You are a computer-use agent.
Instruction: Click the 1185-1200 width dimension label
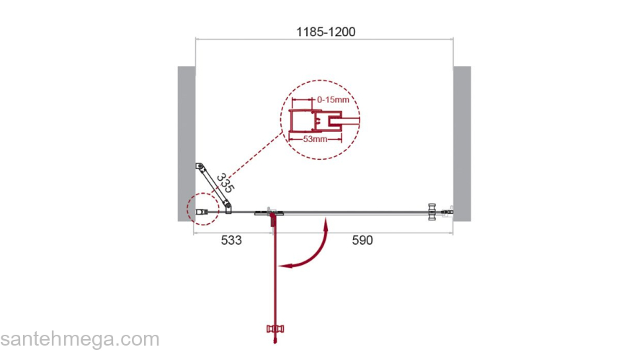[x=326, y=32]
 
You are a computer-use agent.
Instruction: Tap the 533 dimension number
[x=231, y=240]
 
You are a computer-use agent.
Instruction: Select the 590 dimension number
[x=362, y=240]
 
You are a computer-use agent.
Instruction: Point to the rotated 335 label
[x=226, y=183]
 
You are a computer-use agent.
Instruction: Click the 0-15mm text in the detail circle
[x=333, y=99]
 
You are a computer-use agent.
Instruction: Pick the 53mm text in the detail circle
[x=316, y=139]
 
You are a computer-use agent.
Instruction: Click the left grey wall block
[x=187, y=144]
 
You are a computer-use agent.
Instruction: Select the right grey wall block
[x=462, y=144]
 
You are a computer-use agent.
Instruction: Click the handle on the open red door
[x=275, y=329]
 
